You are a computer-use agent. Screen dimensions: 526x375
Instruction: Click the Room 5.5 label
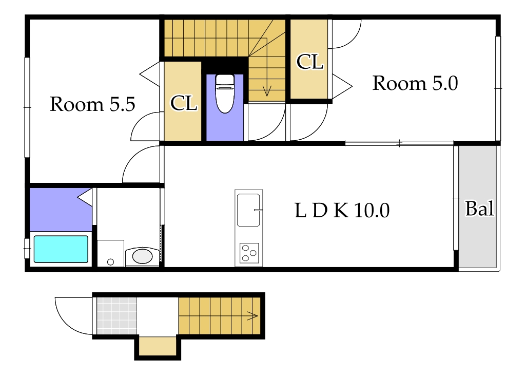pyautogui.click(x=92, y=104)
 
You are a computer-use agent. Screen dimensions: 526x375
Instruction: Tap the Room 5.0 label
pyautogui.click(x=415, y=83)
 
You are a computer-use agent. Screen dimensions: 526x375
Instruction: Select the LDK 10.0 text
pyautogui.click(x=342, y=211)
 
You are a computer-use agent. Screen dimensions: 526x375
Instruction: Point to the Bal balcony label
pyautogui.click(x=480, y=209)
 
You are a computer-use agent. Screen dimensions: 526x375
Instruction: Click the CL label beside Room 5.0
pyautogui.click(x=310, y=62)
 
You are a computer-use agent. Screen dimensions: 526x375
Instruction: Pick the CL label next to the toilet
pyautogui.click(x=184, y=103)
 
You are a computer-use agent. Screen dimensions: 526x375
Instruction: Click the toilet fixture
pyautogui.click(x=225, y=93)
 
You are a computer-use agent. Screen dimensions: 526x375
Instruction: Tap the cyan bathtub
pyautogui.click(x=61, y=249)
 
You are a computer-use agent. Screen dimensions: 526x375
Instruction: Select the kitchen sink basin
pyautogui.click(x=248, y=210)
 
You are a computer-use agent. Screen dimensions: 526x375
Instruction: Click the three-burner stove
pyautogui.click(x=249, y=253)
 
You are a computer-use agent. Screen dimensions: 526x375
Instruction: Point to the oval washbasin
pyautogui.click(x=143, y=256)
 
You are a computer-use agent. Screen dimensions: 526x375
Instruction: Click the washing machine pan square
pyautogui.click(x=111, y=253)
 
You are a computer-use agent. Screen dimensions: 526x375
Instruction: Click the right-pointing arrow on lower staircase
pyautogui.click(x=252, y=315)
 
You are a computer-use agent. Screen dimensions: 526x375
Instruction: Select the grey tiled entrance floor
pyautogui.click(x=116, y=316)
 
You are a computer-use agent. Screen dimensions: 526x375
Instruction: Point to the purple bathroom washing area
pyautogui.click(x=61, y=210)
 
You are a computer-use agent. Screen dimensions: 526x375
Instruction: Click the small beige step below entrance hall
pyautogui.click(x=158, y=346)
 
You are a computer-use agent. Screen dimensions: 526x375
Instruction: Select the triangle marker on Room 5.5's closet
pyautogui.click(x=150, y=74)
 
